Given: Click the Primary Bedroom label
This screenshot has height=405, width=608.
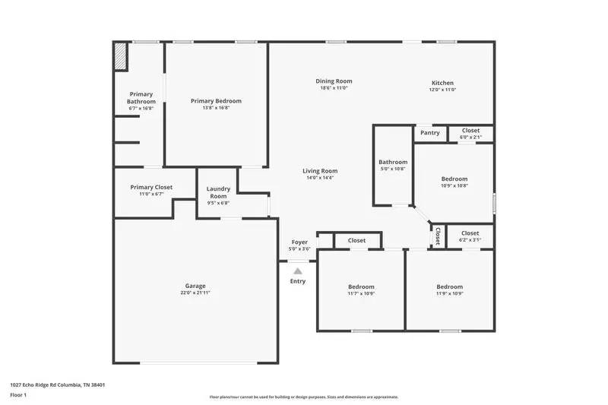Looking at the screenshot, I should [x=216, y=101].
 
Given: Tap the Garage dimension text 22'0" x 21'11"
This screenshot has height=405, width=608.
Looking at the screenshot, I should [x=195, y=293].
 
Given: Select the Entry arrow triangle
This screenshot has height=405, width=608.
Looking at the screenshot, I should [x=298, y=271].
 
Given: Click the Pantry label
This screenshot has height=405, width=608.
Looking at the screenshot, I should [x=429, y=133].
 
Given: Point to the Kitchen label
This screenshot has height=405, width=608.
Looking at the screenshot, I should [x=442, y=83].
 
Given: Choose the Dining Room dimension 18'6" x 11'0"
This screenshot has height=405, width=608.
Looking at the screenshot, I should [x=334, y=88].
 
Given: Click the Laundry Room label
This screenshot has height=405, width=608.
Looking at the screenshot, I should [x=218, y=192].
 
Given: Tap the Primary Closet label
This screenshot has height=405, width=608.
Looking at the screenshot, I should [x=151, y=187].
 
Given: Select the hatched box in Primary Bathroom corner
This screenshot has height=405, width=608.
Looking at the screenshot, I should [x=120, y=57].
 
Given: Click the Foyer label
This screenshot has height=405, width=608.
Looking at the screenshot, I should [x=299, y=242].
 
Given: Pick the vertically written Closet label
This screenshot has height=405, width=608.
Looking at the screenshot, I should [x=438, y=236].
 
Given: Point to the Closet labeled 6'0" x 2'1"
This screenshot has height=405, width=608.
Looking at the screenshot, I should [x=470, y=131].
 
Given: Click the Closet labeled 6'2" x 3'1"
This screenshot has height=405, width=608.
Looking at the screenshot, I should [x=470, y=233].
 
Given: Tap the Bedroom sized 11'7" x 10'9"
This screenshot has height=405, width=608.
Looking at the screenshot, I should [x=361, y=286].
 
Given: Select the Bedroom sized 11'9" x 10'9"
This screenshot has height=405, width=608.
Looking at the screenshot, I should [x=449, y=286].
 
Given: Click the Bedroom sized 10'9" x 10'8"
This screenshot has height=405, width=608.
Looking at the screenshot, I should [x=454, y=179].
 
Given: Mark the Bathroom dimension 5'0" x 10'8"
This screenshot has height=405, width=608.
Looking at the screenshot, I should [x=393, y=169].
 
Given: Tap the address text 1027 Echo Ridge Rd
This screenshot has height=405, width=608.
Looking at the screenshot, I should [x=57, y=384].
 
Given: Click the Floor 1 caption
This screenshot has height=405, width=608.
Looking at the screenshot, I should [x=18, y=395].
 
